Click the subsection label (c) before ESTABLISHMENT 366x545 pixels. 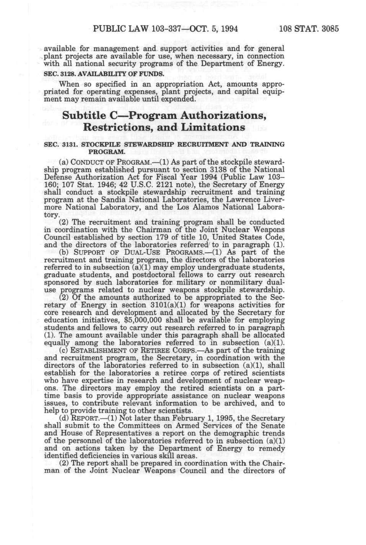tap(64, 350)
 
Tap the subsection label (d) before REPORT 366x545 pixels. tap(64, 418)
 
